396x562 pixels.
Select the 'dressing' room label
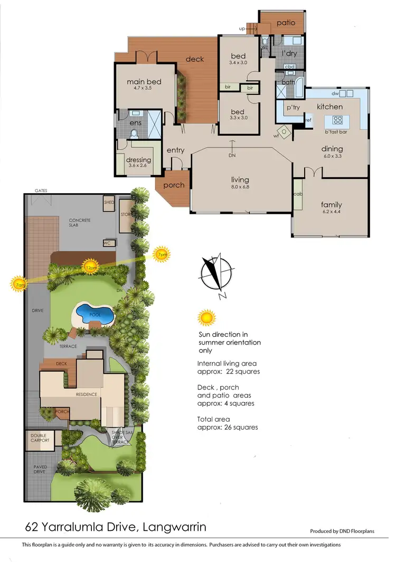click(139, 160)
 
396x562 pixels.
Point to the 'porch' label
click(174, 185)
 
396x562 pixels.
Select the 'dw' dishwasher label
click(335, 93)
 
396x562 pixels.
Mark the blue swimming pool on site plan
click(95, 315)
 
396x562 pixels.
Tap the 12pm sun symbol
click(90, 267)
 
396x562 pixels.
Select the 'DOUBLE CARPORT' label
click(40, 437)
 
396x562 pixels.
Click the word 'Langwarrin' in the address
click(176, 527)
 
